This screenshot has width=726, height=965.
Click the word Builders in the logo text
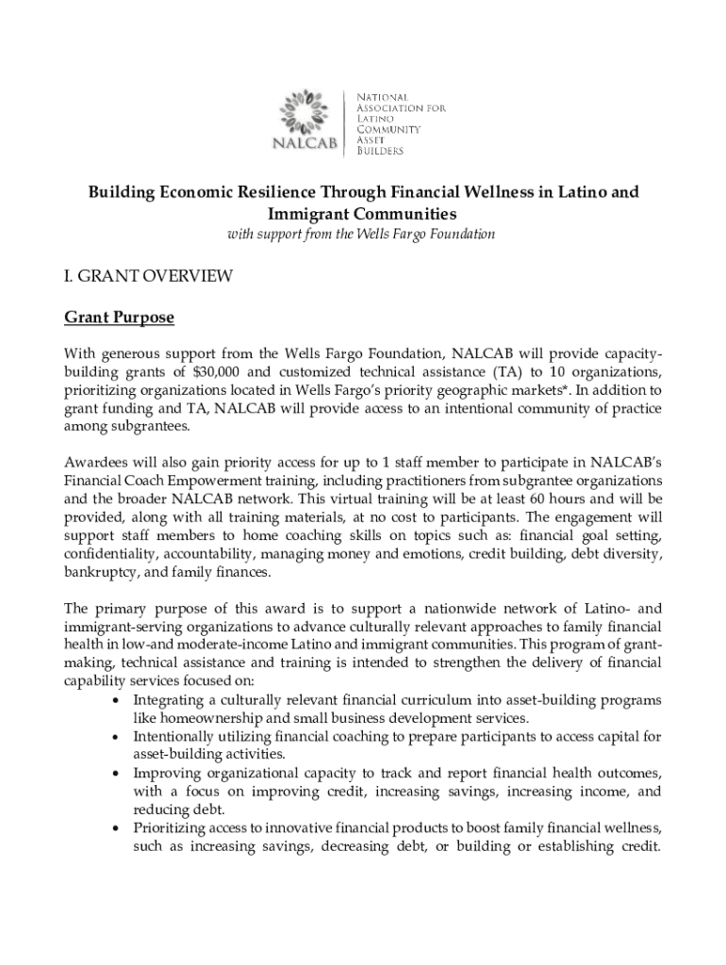click(379, 151)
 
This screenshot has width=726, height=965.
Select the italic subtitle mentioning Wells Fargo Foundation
click(362, 234)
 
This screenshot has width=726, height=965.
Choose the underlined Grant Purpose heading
click(119, 318)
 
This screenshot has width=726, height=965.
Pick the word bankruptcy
click(100, 571)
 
